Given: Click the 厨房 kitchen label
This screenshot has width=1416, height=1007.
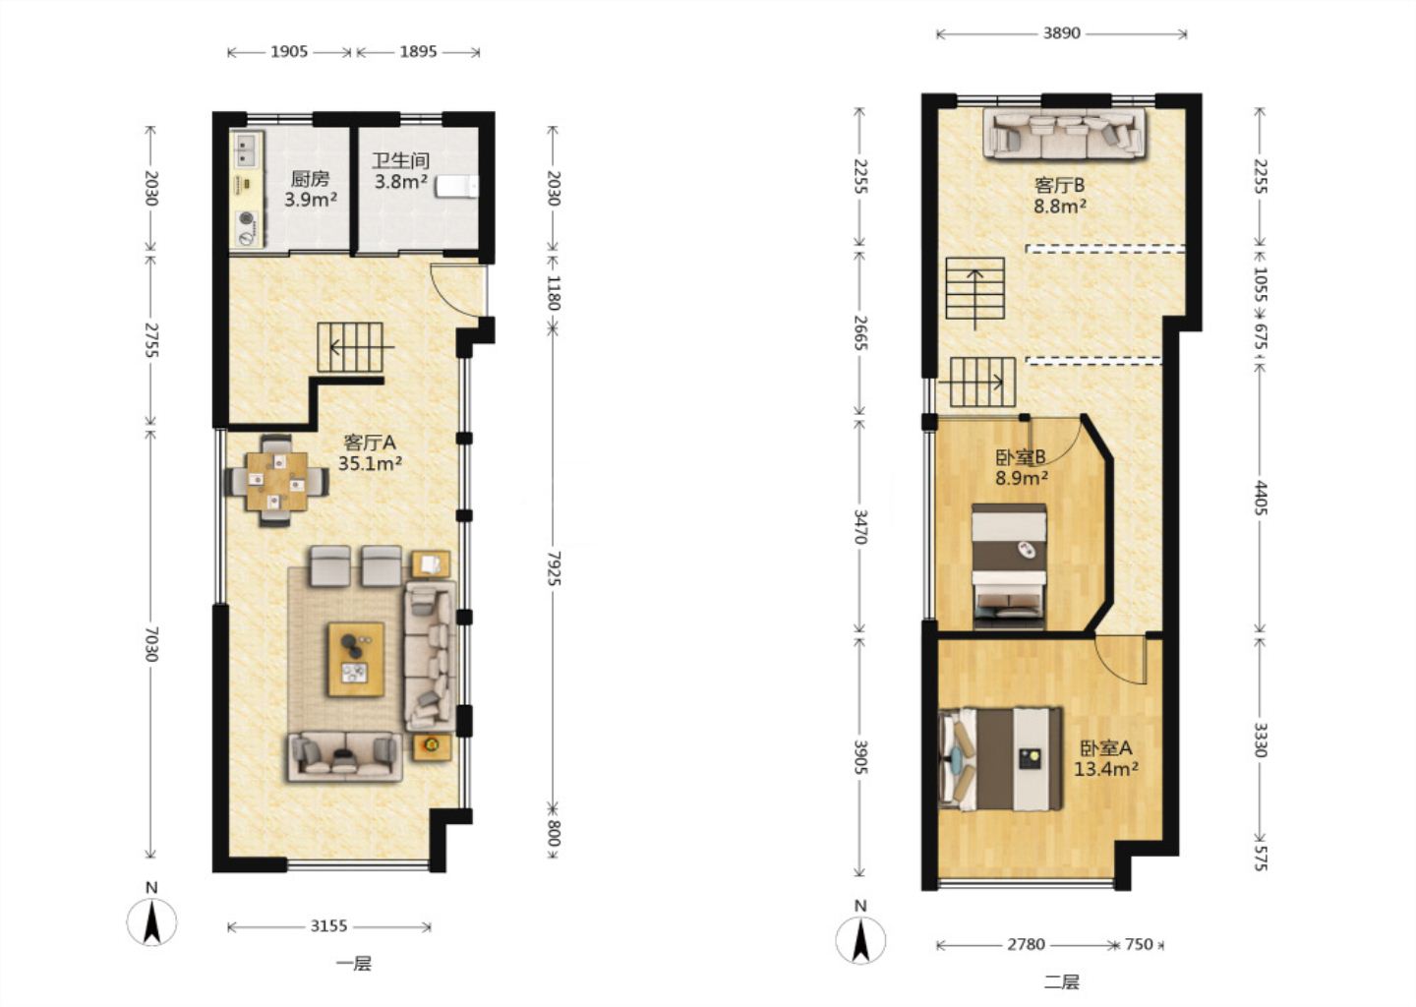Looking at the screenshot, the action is (x=311, y=179).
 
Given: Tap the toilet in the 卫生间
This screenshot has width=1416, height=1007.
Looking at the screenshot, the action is (x=457, y=187).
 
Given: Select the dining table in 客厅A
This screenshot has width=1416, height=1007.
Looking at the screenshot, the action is (x=277, y=481).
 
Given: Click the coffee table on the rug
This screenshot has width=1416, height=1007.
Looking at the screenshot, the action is (x=356, y=659).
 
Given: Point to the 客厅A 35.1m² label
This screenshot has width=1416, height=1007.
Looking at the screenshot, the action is (x=370, y=452).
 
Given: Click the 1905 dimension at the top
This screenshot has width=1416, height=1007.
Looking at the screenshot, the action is (x=289, y=52).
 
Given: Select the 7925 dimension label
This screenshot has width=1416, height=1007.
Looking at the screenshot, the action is (x=553, y=567).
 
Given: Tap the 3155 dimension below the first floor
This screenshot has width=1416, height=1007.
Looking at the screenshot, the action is (x=328, y=926).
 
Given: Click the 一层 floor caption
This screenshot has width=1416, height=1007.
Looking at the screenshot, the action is (x=354, y=964).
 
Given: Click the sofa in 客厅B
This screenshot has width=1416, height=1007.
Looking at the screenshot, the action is (x=1064, y=134).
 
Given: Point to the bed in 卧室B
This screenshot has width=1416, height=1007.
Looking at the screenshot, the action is (x=1009, y=565).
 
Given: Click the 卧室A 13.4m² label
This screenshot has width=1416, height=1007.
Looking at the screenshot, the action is (x=1106, y=758).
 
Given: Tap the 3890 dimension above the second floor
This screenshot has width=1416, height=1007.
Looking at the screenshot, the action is (x=1061, y=33).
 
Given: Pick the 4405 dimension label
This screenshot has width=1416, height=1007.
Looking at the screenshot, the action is (x=1261, y=498).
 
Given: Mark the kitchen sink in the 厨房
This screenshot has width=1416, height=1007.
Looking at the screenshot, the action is (x=245, y=149).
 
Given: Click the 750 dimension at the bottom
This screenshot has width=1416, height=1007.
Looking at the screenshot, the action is (x=1139, y=944).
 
